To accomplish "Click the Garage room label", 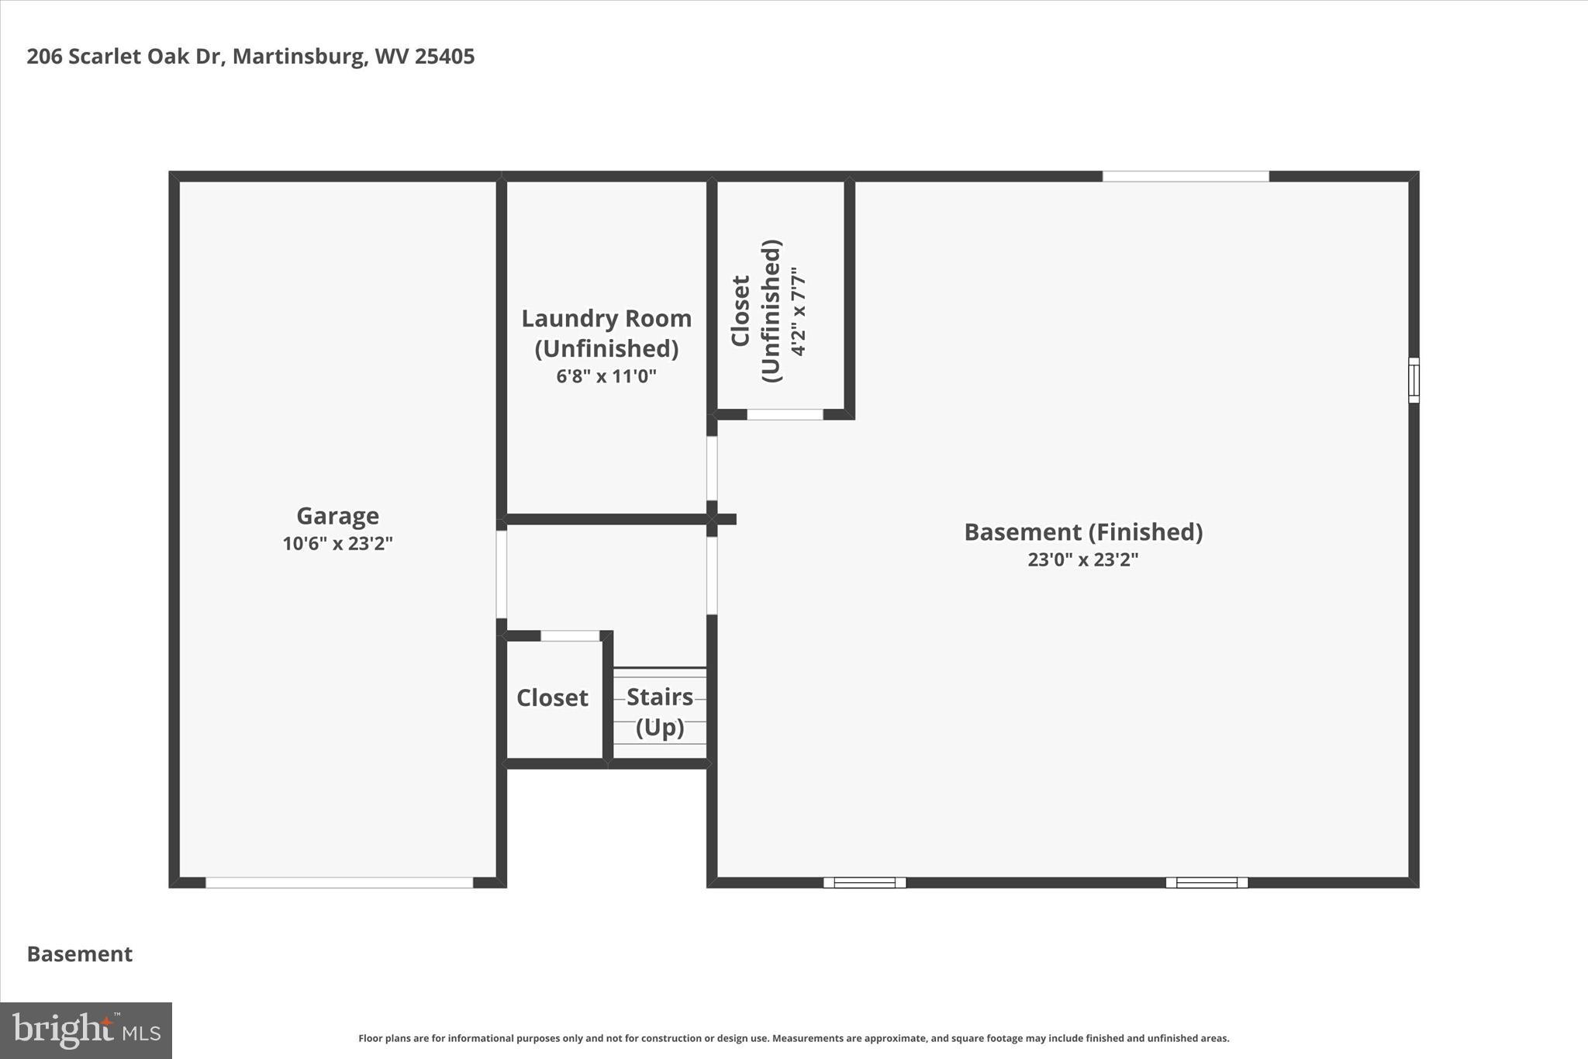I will (337, 516).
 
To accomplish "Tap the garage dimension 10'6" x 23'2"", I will (337, 544).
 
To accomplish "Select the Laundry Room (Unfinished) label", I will (606, 333).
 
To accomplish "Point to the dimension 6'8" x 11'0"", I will (606, 377).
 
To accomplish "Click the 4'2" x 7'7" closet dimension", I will (799, 311).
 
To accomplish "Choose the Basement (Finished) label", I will (1083, 532).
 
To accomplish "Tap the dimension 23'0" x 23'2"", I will (1083, 560).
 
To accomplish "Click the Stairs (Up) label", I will (660, 711).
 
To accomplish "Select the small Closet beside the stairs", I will (552, 698).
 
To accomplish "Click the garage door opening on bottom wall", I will (339, 883).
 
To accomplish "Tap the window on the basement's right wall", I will (1414, 380).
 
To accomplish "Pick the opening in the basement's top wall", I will (1186, 176).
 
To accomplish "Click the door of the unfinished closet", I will (785, 415).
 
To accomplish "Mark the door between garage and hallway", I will (502, 574).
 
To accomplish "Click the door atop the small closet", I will (570, 636).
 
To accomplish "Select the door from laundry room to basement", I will (712, 468).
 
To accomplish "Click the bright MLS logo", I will (86, 1030).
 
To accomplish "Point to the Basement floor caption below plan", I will (80, 954).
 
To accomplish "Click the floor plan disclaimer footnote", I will (793, 1038).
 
